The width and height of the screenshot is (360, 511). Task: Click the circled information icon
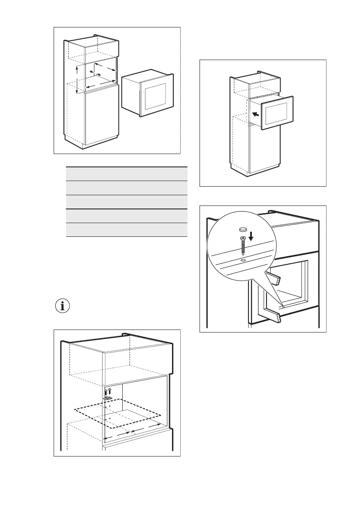[x=64, y=306]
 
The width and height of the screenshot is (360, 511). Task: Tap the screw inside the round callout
[x=242, y=246]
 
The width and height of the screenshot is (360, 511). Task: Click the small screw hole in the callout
[x=243, y=260]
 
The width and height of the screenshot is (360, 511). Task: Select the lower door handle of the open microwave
[x=273, y=317]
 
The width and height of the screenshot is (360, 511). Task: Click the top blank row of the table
[x=127, y=174]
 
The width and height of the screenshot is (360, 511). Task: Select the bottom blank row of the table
[x=127, y=230]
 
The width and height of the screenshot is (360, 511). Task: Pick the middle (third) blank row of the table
[x=127, y=202]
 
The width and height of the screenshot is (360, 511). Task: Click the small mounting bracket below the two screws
[x=108, y=398]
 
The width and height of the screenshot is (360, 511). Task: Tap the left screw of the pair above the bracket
[x=106, y=392]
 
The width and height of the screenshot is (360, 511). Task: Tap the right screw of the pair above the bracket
[x=110, y=391]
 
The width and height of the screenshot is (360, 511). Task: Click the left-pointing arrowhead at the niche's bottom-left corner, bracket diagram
[x=106, y=438]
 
